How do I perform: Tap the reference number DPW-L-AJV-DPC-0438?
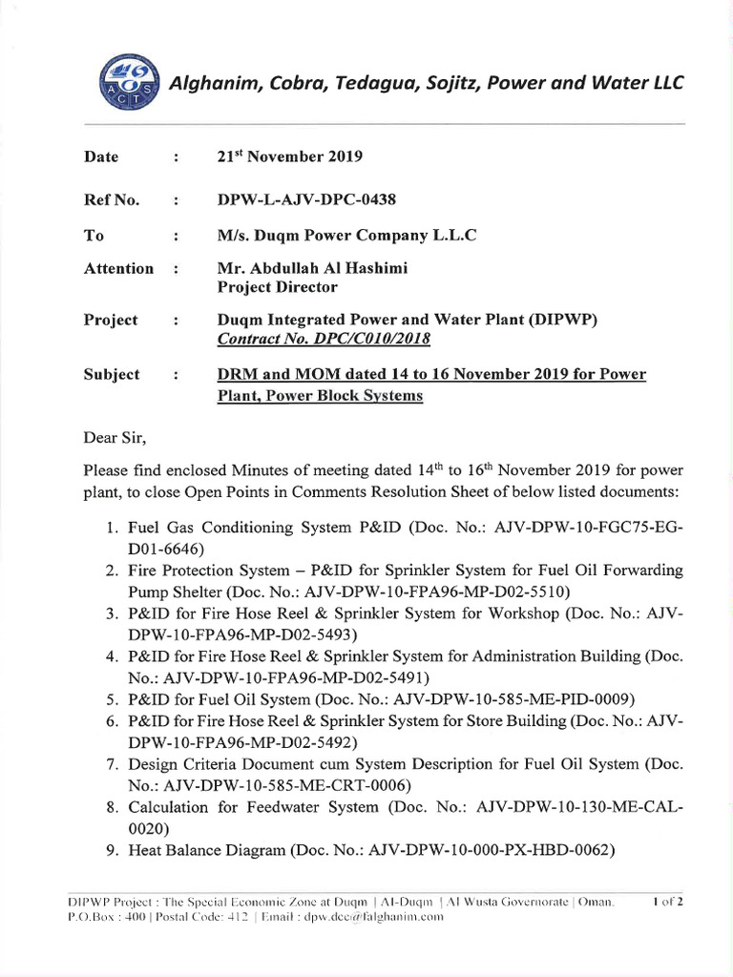tap(306, 199)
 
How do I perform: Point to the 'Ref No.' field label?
tap(112, 199)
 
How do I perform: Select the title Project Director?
tap(277, 287)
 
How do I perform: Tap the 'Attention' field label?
tap(118, 269)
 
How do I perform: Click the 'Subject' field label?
tap(112, 375)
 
